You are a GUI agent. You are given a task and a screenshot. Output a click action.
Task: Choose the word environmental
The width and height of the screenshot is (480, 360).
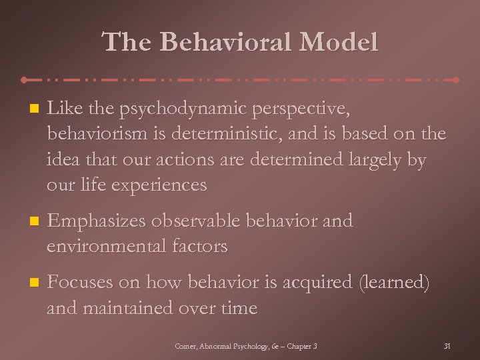click(x=104, y=246)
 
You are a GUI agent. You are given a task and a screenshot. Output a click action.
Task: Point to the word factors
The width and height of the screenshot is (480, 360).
click(x=197, y=246)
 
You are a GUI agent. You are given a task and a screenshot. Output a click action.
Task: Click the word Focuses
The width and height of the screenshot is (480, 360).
click(x=79, y=283)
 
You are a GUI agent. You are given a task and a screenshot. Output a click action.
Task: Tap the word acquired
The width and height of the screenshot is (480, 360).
click(x=316, y=283)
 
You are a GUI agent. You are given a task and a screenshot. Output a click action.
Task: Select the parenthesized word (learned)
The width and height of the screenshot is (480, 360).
click(x=394, y=283)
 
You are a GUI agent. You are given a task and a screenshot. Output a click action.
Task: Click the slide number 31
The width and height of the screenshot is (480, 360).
click(x=447, y=346)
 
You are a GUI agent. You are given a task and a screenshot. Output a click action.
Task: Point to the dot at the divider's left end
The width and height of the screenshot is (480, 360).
click(x=24, y=80)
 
